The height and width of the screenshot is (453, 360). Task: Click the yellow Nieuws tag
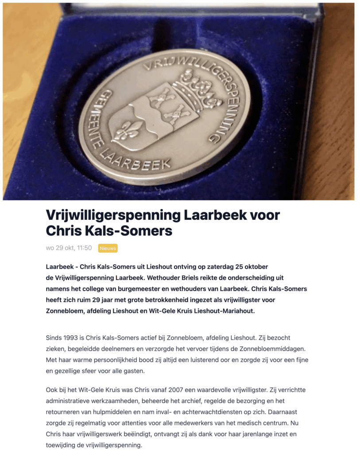(108, 248)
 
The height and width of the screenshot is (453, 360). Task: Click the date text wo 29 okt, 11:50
(69, 248)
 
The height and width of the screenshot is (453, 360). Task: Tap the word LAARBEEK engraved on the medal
(135, 160)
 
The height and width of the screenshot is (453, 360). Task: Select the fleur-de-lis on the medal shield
(127, 131)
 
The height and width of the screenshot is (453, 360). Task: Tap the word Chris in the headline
(64, 231)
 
